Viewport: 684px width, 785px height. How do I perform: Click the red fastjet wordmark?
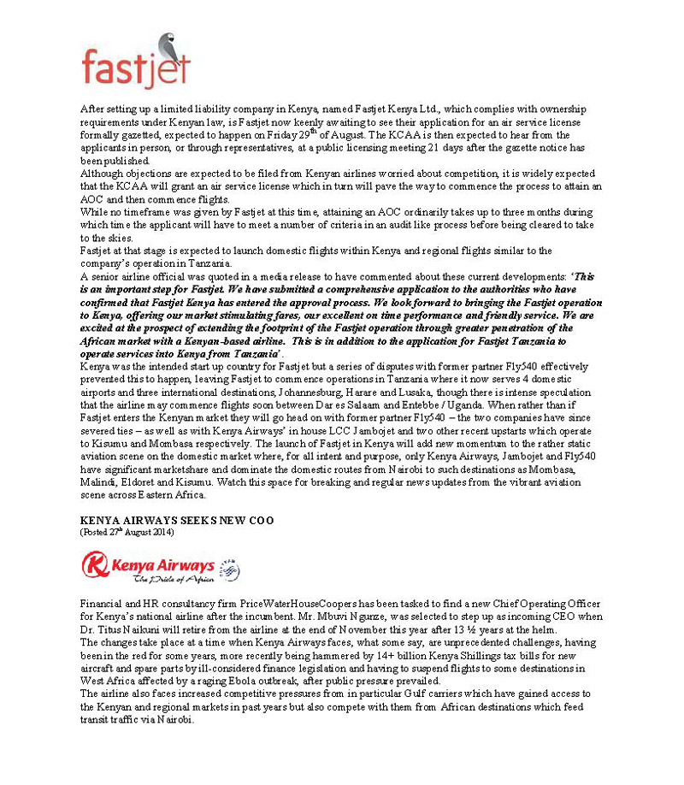pos(134,68)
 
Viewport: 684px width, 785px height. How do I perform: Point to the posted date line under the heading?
pos(127,532)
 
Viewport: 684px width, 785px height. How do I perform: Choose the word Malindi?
pos(97,483)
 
